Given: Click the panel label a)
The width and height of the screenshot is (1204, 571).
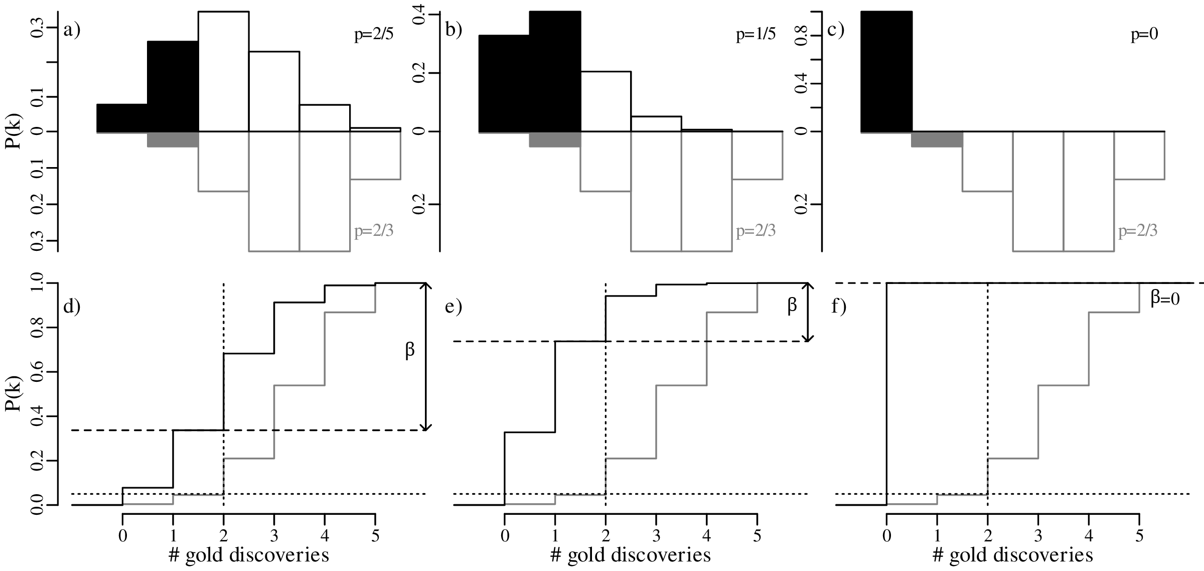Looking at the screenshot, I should pos(72,31).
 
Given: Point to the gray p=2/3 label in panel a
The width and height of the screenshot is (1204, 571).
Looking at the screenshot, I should pos(374,231).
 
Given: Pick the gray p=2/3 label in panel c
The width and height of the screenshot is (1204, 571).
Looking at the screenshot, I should pos(1138,231).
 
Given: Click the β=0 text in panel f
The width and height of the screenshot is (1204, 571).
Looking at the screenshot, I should pos(1165,300).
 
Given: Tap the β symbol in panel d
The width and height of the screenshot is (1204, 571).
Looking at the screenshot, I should pos(410,351).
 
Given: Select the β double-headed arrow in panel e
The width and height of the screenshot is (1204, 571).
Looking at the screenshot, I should pos(807,312).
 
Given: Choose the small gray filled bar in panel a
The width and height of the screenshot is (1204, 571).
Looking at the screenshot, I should pos(173,139).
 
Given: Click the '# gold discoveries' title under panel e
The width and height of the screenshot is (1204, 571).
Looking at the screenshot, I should pos(631,556).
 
